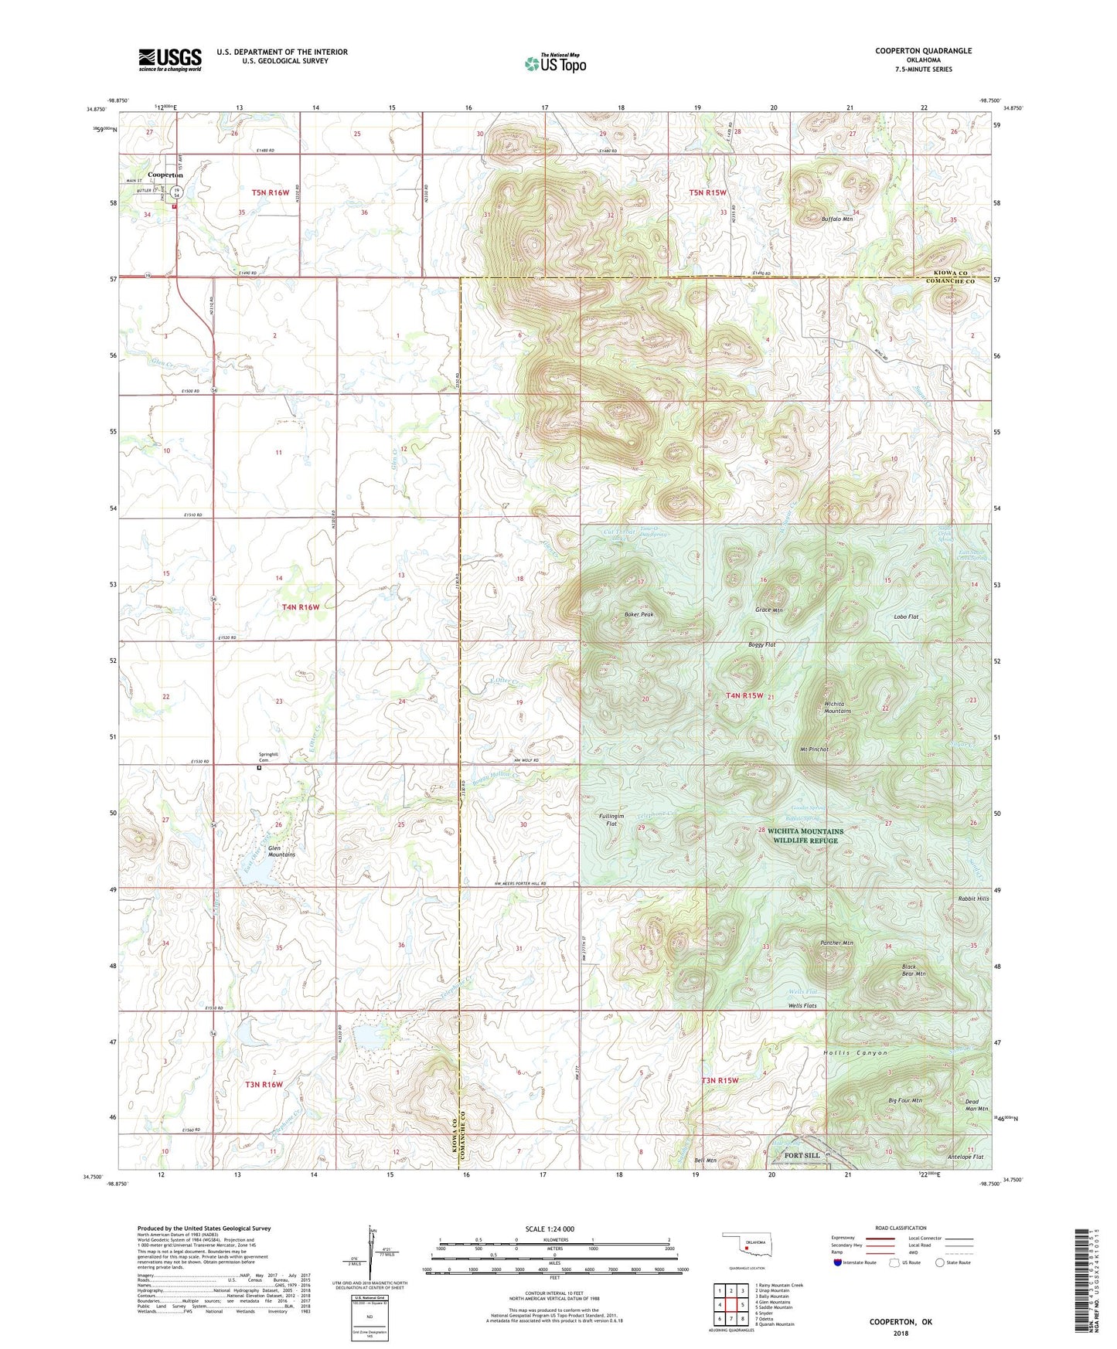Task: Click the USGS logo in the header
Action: point(170,59)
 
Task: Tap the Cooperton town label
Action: point(165,175)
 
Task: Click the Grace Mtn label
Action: point(768,610)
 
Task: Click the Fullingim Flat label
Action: point(611,820)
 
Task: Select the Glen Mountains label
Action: point(281,851)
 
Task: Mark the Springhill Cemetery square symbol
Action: point(260,768)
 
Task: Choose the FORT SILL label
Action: point(802,1156)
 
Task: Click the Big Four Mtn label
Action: point(905,1100)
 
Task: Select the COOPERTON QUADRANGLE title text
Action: point(923,51)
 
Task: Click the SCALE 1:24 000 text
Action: point(549,1229)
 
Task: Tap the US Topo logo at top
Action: point(555,63)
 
